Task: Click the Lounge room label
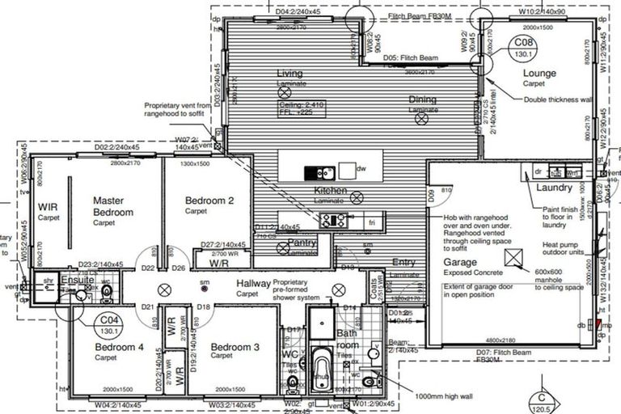(539, 74)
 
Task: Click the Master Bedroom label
(112, 206)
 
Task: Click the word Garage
(460, 263)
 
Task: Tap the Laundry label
(555, 188)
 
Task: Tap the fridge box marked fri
(373, 222)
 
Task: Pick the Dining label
(423, 99)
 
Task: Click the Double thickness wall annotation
(558, 100)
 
